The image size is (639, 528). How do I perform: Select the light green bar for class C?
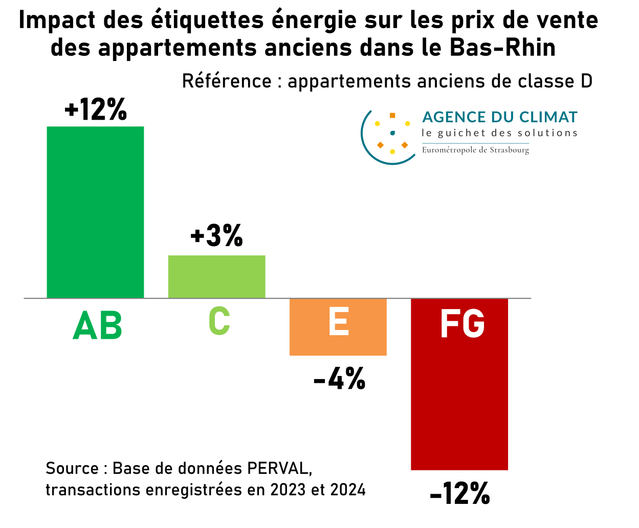coord(216,276)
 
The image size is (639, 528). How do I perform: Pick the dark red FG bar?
coord(459,399)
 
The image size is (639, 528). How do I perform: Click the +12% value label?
coord(96,109)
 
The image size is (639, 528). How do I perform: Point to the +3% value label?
coord(216,236)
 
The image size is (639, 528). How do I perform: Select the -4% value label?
coord(339,379)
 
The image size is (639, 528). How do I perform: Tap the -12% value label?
coord(460,494)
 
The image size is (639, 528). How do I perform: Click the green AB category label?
coord(97,325)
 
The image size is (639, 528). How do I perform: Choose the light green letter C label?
coord(219,321)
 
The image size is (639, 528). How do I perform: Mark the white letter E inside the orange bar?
coord(339,322)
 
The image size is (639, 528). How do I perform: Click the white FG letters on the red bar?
coord(462,323)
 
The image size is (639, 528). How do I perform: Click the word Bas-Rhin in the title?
coord(503,48)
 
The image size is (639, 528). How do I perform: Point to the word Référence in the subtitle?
coord(227,81)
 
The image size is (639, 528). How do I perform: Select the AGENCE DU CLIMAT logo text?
coord(499,117)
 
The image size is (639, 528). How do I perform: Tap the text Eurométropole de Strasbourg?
coord(475,150)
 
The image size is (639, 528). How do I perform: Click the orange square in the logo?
coord(392,116)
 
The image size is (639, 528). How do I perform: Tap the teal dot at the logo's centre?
coord(392,133)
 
